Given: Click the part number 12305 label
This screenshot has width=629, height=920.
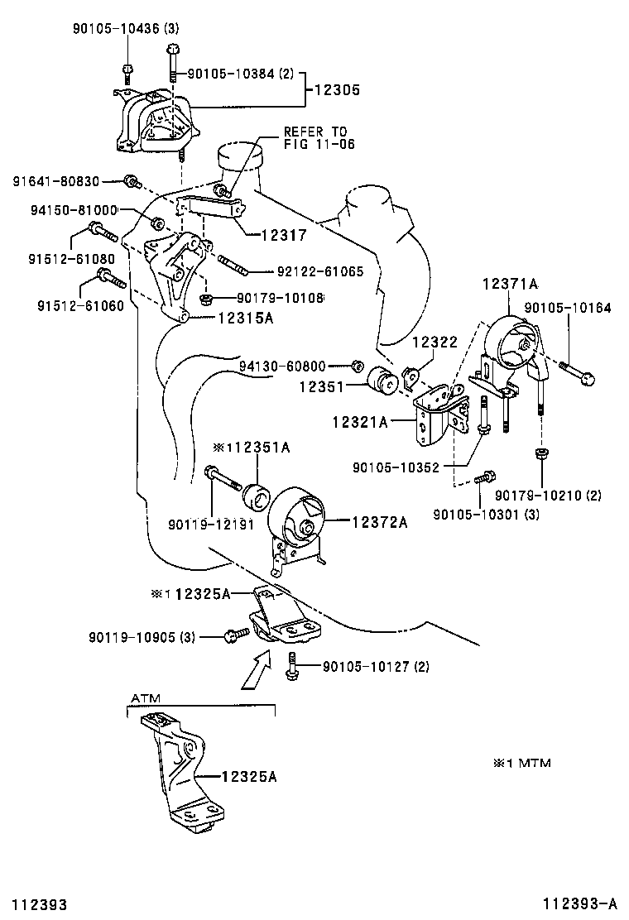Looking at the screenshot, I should (336, 91).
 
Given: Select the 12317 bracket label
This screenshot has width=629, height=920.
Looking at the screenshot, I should (283, 236).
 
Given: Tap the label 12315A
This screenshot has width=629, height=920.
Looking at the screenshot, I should (245, 317).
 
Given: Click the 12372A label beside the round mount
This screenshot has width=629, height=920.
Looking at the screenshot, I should (380, 521).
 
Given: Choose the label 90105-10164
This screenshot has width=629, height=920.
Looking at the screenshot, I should (569, 308).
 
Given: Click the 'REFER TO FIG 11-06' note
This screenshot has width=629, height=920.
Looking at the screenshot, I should (315, 137).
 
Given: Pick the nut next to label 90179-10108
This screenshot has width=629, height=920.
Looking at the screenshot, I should (208, 298).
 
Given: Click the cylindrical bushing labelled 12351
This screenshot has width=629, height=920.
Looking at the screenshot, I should (382, 381).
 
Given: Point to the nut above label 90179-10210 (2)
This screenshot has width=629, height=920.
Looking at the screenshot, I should (540, 453).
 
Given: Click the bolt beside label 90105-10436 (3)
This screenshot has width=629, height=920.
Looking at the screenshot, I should (127, 69).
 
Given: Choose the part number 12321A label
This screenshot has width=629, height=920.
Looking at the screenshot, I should (360, 422).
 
